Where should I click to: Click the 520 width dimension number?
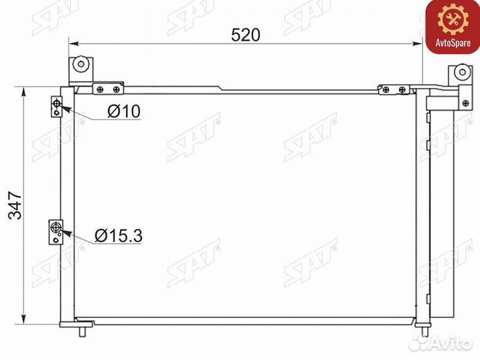245,34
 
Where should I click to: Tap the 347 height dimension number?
14,203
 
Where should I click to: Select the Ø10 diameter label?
124,111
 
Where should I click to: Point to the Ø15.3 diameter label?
119,235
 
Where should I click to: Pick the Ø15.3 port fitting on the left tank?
57,231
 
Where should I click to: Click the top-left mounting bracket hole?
80,65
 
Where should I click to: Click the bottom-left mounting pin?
85,329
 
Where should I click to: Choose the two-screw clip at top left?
108,89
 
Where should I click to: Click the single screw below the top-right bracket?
460,101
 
